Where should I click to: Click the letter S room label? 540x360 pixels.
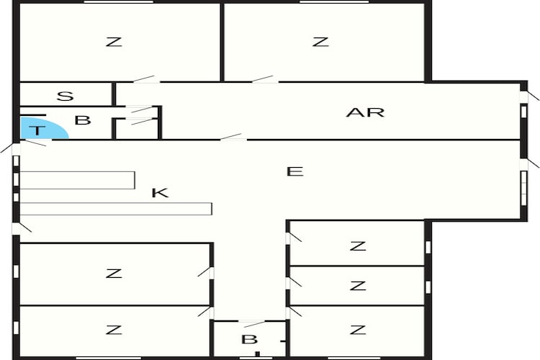point(66,96)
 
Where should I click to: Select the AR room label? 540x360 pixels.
point(365,112)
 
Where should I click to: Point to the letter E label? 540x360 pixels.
point(294,171)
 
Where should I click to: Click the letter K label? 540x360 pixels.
point(160,192)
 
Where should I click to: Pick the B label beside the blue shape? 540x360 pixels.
point(83,120)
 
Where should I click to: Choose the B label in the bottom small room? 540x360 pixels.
point(248,339)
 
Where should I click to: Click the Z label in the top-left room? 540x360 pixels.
point(113,42)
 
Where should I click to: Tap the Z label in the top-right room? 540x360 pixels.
point(320,42)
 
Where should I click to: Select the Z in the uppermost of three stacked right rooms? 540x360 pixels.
point(357,246)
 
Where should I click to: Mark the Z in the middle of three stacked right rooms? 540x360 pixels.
point(357,286)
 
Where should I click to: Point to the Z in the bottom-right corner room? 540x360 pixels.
point(357,330)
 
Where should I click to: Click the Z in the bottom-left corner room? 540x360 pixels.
point(113,330)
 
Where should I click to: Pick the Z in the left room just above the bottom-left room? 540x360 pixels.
point(113,274)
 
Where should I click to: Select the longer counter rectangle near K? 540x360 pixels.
point(115,209)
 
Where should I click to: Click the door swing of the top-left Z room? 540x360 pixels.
point(145,78)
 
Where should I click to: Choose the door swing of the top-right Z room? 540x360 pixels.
point(264,78)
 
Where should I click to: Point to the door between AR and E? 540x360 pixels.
point(233,136)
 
